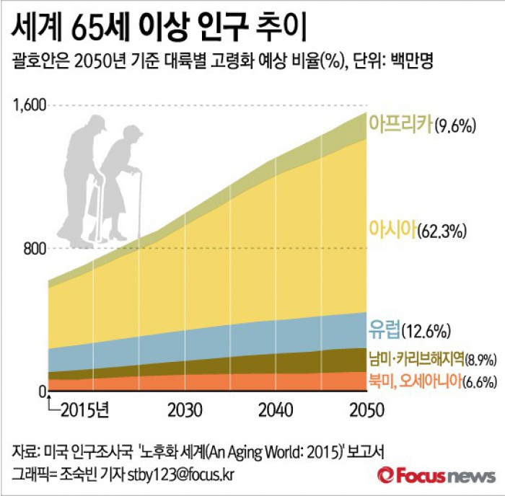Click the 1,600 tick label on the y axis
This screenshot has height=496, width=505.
(30, 106)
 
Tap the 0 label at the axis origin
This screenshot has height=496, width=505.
(43, 391)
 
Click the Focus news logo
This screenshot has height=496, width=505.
(436, 475)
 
